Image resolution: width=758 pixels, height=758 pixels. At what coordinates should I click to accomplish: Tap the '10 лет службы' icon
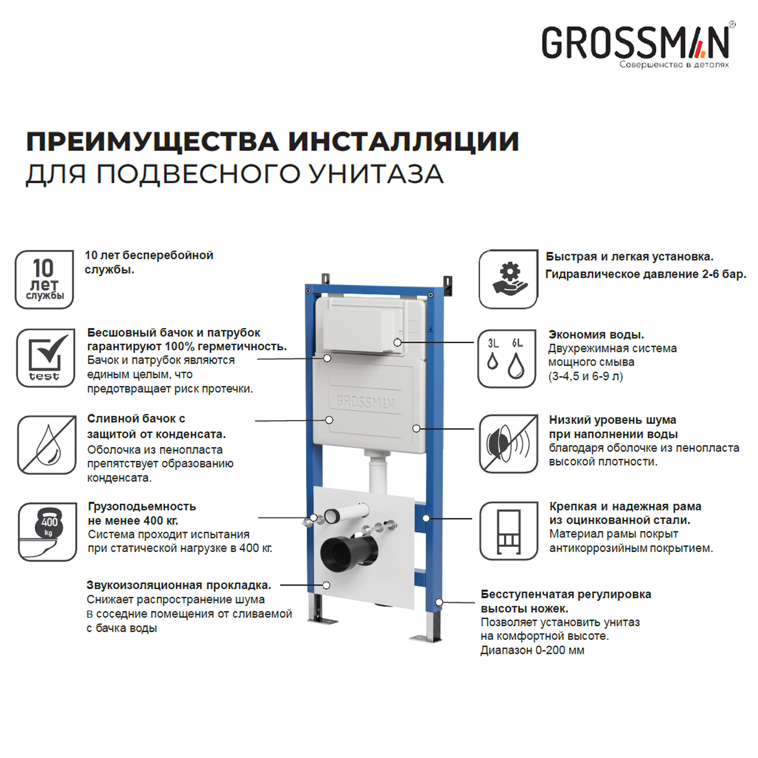[x=44, y=279]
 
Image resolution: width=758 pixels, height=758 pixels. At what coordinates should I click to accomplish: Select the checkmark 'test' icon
[x=45, y=358]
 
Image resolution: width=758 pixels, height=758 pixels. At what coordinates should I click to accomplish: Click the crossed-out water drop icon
[x=47, y=445]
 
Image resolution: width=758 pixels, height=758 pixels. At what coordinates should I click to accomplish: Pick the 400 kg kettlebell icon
[x=47, y=532]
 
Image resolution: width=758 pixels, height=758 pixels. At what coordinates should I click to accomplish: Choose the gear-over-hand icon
[x=508, y=279]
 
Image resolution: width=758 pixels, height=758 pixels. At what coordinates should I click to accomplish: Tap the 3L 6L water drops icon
[x=507, y=359]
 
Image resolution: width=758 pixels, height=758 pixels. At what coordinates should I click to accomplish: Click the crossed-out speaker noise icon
[x=508, y=444]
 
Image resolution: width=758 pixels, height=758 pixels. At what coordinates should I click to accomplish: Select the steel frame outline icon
[x=509, y=531]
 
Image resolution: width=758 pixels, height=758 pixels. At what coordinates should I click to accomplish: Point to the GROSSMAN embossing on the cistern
[x=365, y=402]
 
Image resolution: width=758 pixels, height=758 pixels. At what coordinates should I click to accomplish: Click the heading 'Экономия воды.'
[x=596, y=335]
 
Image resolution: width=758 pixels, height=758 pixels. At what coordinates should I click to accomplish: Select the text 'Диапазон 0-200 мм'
[x=532, y=650]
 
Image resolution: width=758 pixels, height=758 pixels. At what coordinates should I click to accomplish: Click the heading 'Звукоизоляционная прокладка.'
[x=179, y=585]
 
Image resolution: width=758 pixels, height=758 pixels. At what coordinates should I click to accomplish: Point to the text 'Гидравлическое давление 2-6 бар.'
[x=646, y=274]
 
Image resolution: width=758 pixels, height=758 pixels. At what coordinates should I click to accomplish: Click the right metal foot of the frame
[x=428, y=637]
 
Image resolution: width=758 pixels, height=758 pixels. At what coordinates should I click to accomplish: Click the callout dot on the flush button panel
[x=397, y=342]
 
